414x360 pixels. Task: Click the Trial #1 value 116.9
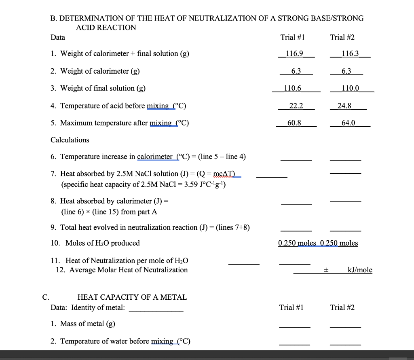pos(294,53)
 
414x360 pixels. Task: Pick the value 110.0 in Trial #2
pos(350,88)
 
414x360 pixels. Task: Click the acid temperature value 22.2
pos(296,106)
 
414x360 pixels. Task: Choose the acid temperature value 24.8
pos(344,106)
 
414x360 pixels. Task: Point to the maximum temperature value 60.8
pos(294,123)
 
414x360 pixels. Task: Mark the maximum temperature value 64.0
pos(348,123)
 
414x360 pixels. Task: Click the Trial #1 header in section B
pos(292,37)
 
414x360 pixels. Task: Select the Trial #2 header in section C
pos(342,307)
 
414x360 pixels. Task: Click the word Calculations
pos(70,140)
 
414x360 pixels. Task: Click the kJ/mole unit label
pos(360,270)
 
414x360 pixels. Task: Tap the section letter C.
pos(46,297)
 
